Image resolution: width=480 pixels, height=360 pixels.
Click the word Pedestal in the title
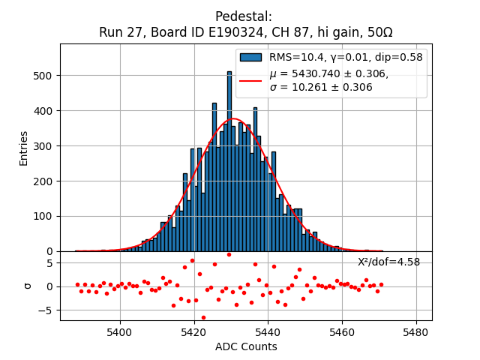pos(243,16)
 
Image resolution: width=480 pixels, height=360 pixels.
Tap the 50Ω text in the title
pos(375,33)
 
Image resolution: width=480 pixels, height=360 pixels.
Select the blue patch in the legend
pos(251,57)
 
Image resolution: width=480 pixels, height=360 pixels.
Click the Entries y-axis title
pos(24,148)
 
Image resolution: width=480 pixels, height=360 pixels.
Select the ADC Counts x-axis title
pos(246,346)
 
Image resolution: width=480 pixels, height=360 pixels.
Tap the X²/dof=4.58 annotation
pos(388,262)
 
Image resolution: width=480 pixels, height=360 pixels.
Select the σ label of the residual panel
pos(28,286)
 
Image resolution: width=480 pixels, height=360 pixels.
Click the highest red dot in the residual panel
pos(229,254)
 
